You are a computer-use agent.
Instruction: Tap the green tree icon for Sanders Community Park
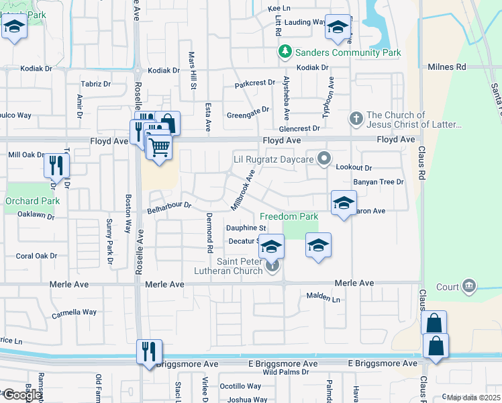click(285, 52)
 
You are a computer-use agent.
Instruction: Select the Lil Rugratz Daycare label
click(274, 159)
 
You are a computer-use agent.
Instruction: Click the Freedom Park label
click(289, 217)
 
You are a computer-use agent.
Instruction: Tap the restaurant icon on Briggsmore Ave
click(148, 351)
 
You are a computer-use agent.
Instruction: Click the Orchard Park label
click(32, 201)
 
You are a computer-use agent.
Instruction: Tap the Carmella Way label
click(74, 312)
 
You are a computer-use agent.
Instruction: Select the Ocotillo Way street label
click(240, 386)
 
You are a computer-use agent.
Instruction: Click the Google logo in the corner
click(21, 396)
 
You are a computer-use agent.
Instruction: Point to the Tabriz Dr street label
click(96, 84)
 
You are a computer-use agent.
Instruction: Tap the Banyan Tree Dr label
click(379, 182)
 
